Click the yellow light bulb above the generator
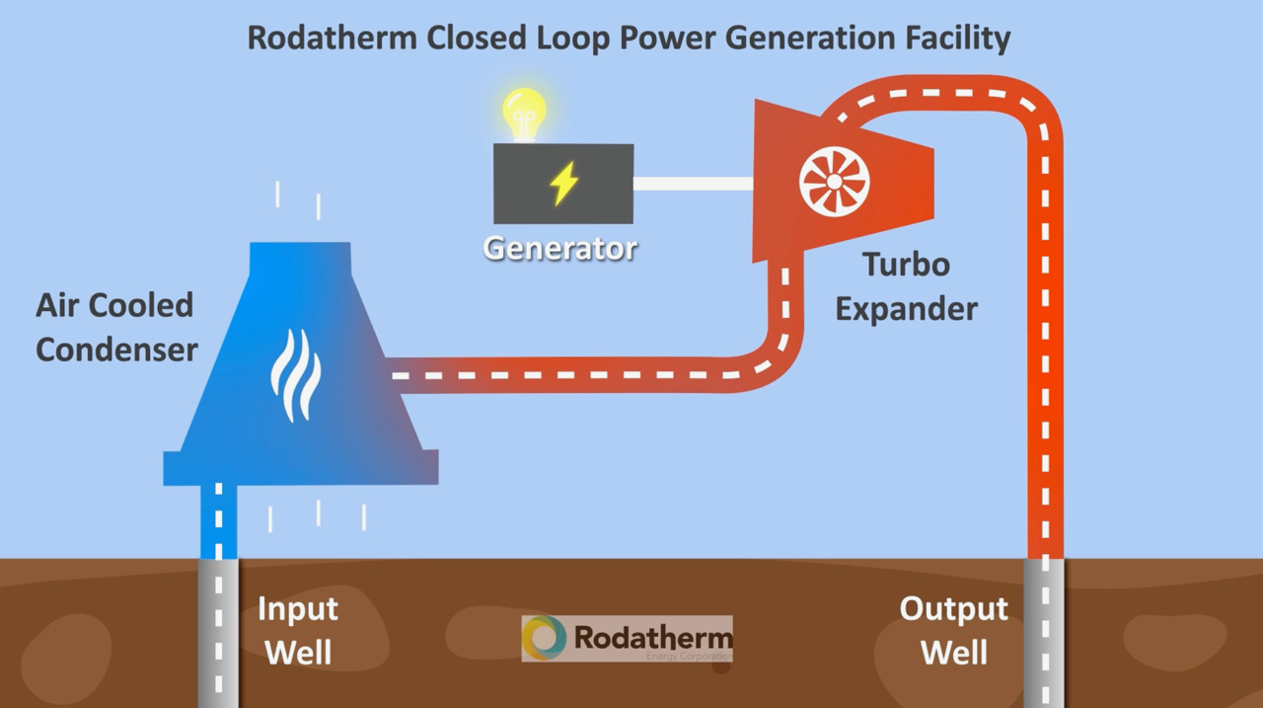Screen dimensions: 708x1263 (x=524, y=112)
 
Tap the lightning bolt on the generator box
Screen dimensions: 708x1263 (x=564, y=184)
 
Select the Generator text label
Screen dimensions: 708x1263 (x=559, y=247)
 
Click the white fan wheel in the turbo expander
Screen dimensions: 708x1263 (x=834, y=182)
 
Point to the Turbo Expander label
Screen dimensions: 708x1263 (x=906, y=286)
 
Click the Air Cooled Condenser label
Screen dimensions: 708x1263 (x=115, y=327)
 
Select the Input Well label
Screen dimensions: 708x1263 (x=297, y=630)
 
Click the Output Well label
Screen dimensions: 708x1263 (x=953, y=630)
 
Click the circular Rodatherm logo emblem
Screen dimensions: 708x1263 (x=545, y=637)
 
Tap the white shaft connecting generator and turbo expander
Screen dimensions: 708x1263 (x=693, y=184)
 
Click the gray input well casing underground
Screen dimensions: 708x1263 (x=218, y=632)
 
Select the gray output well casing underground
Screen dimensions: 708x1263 (x=1044, y=632)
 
